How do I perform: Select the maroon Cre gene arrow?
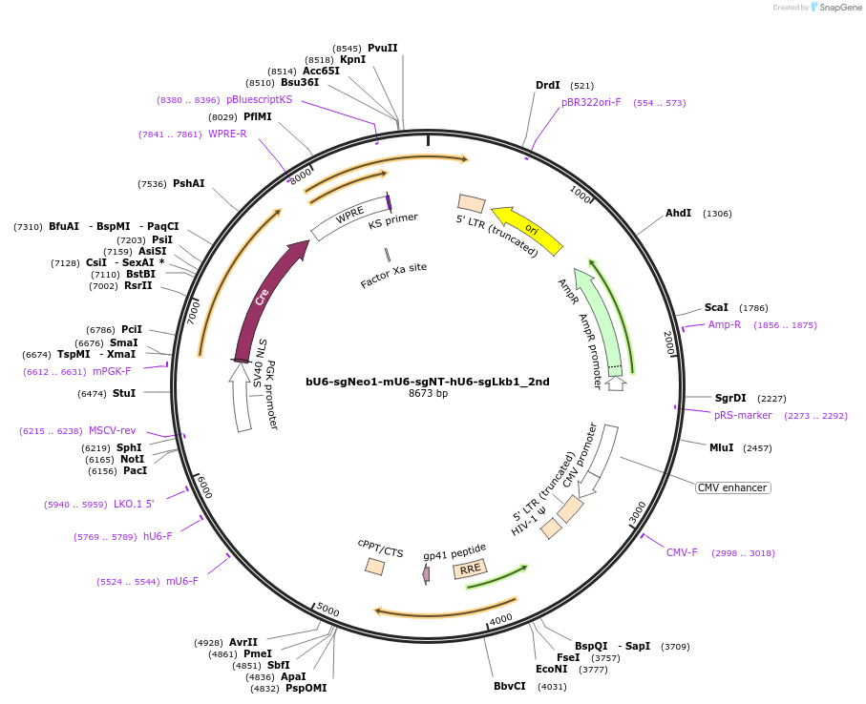(264, 296)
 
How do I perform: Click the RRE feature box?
(470, 569)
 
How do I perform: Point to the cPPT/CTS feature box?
(375, 566)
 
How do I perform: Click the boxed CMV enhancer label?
(732, 487)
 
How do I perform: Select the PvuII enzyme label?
(382, 48)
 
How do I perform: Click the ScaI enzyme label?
(716, 307)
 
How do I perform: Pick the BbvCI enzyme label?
(509, 686)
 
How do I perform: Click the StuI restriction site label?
(124, 393)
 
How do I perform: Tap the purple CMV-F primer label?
(682, 552)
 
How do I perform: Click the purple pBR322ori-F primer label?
(591, 102)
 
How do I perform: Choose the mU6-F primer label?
(182, 581)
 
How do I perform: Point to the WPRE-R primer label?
(227, 134)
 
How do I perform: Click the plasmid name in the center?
(427, 382)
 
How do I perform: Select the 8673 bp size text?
(428, 393)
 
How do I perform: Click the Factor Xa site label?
(393, 276)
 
